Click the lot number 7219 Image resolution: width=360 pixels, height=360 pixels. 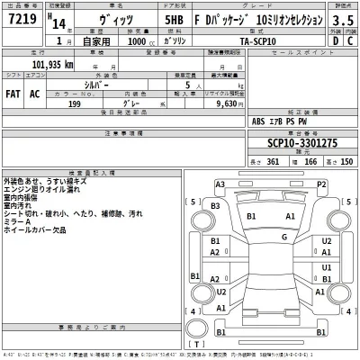(x=22, y=18)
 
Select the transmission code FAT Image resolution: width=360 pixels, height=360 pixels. (x=14, y=93)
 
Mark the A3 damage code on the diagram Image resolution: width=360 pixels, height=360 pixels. (x=220, y=184)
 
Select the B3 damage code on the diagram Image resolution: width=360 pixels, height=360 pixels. (x=216, y=207)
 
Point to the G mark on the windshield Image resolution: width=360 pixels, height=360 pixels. (x=283, y=237)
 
